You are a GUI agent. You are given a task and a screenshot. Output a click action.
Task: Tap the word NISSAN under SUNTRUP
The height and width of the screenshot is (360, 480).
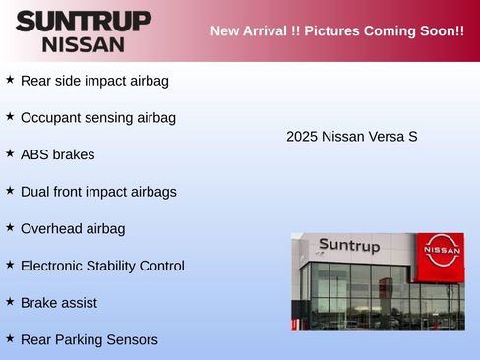point(84,44)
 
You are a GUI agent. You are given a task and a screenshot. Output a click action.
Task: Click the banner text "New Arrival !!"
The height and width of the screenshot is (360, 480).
point(254,30)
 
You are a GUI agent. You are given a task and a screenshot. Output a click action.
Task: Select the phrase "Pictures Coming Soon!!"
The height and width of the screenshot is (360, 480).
point(385,30)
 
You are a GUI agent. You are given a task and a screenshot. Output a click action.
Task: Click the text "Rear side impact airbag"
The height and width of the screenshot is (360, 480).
point(94,81)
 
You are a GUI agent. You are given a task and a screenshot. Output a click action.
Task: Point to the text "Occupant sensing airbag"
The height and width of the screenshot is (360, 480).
point(98,118)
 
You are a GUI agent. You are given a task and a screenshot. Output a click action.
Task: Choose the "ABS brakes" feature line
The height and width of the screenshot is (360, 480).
point(58,154)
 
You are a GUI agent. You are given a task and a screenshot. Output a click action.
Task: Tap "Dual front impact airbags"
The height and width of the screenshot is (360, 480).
point(98,192)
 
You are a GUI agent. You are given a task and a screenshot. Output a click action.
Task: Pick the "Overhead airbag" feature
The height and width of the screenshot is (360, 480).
point(73,229)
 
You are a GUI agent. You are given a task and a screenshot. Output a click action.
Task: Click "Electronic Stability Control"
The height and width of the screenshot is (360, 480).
point(102,266)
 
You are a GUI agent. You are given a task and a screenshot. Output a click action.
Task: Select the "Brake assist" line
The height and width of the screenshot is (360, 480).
point(59,303)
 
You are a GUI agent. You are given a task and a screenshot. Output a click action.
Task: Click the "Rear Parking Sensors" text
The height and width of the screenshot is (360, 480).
point(89,340)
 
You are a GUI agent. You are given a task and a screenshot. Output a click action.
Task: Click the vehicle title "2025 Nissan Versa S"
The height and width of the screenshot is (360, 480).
point(352,137)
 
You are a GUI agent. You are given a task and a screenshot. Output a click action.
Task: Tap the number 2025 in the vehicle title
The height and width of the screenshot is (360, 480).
point(302,137)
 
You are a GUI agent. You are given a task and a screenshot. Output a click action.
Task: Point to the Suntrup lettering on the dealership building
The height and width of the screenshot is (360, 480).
point(349,246)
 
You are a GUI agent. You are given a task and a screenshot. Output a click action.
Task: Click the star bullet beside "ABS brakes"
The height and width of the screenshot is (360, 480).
point(10,152)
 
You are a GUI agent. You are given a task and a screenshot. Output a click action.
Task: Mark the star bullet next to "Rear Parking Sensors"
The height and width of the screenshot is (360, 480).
point(10,338)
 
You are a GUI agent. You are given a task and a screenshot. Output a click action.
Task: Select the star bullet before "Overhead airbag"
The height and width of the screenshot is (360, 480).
point(10,227)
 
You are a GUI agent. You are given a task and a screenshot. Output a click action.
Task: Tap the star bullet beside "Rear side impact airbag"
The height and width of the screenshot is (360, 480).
point(10,79)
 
